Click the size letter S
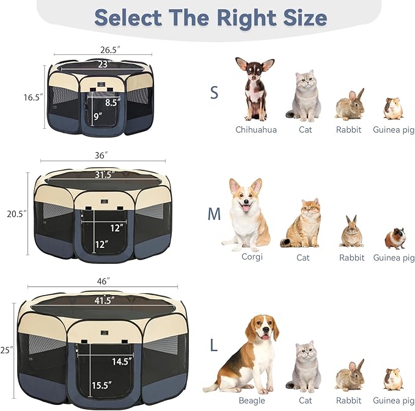tap(214, 92)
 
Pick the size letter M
tap(214, 214)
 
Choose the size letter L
tap(213, 346)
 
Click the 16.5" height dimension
tap(34, 97)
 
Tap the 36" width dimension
tap(101, 156)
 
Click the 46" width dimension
tap(103, 281)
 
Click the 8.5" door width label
tap(112, 103)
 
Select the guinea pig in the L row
tap(393, 379)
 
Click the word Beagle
tap(252, 401)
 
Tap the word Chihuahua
tap(256, 129)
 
